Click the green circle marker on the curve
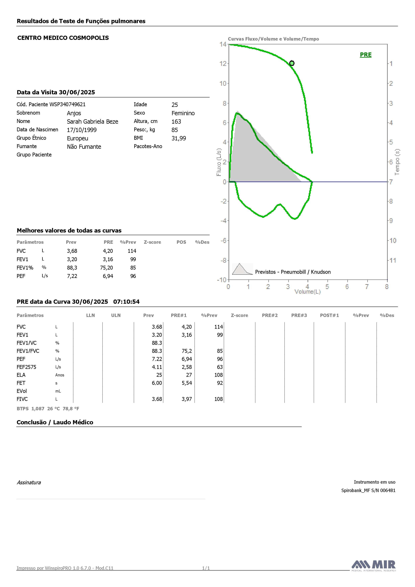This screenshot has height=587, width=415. coord(292,63)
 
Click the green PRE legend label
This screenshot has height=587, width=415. coord(366,55)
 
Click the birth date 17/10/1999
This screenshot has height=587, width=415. coord(82,130)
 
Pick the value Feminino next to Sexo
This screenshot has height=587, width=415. coord(183,113)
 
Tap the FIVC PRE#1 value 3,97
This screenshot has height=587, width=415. coord(187,399)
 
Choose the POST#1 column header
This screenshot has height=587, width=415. coord(329,315)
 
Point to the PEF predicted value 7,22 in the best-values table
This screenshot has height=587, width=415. coord(72,276)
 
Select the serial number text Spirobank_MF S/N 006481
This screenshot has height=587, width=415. coord(368,490)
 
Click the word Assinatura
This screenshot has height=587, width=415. coord(29,482)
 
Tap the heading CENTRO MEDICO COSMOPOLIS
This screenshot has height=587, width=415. coord(63,38)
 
